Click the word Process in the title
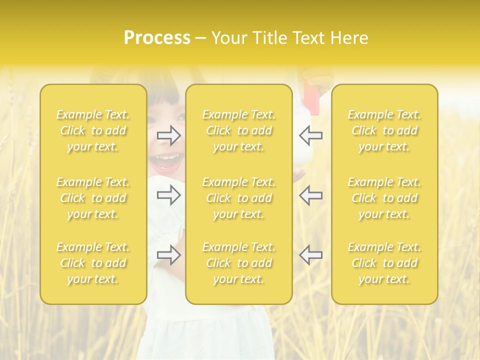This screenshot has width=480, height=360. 157,38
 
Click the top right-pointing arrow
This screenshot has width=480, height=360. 169,135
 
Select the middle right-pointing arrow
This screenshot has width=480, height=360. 169,195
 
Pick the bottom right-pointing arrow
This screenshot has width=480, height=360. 169,255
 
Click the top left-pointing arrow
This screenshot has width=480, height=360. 310,135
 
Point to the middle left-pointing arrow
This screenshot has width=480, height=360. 310,195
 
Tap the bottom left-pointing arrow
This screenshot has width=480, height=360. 310,255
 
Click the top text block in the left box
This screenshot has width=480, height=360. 93,130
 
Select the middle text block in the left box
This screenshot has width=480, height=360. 93,198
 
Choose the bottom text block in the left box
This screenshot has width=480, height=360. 93,263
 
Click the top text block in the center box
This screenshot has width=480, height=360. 239,130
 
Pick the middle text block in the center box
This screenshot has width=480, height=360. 239,198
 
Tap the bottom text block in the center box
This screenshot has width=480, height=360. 239,263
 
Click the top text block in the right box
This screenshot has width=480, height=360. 384,130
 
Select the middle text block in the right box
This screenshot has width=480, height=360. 384,198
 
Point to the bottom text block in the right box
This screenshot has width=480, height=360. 384,263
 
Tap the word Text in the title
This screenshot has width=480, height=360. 307,38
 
